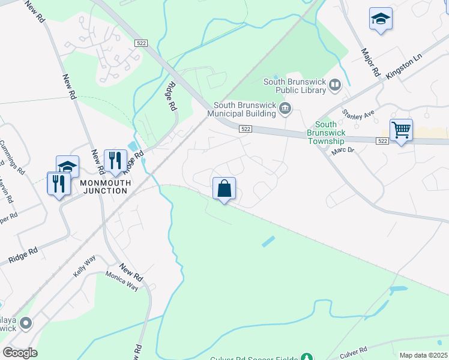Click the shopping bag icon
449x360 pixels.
click(x=224, y=188)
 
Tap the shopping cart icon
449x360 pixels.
click(x=400, y=130)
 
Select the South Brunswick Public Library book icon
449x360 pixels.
click(x=335, y=87)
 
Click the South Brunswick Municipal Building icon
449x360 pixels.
click(x=286, y=109)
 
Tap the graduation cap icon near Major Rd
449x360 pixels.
click(x=381, y=19)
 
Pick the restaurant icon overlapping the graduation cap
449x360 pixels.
click(x=58, y=183)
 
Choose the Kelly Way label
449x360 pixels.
click(x=85, y=265)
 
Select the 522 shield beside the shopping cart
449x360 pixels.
click(x=383, y=140)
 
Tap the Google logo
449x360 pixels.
click(x=20, y=352)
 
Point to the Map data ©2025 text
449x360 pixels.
click(x=423, y=355)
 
